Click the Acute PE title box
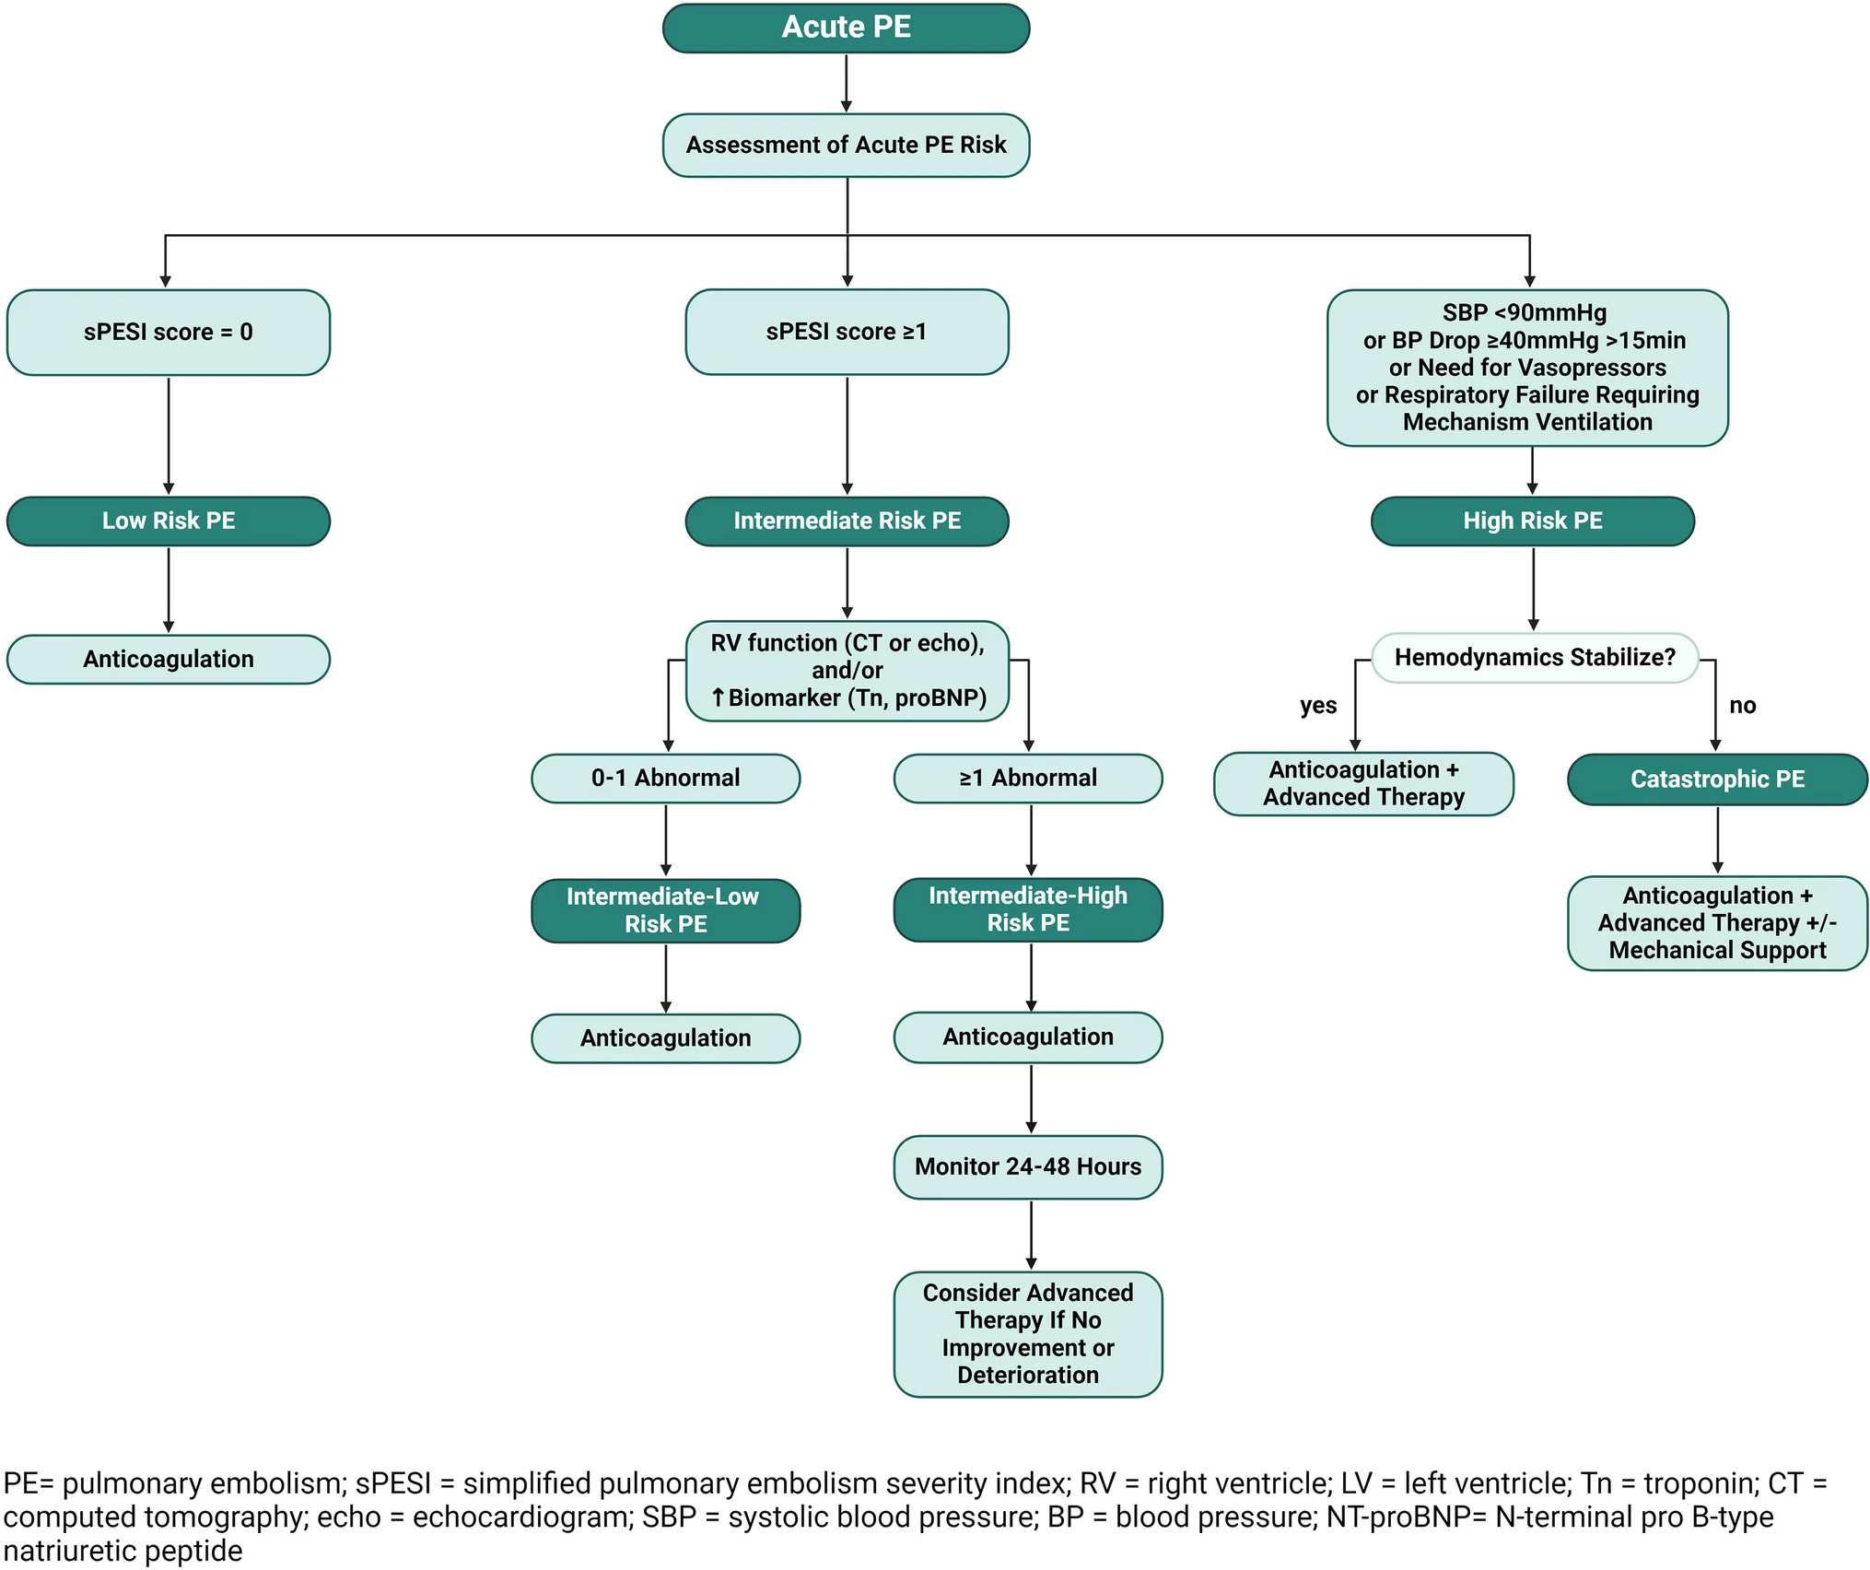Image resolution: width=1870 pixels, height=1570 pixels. pyautogui.click(x=846, y=28)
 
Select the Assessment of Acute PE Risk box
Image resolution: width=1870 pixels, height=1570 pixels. pyautogui.click(x=846, y=145)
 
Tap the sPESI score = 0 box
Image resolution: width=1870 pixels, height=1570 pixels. pyautogui.click(x=169, y=332)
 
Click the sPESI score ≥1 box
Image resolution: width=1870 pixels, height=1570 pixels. pyautogui.click(x=847, y=332)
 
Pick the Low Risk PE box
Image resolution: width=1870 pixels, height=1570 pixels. pyautogui.click(x=169, y=521)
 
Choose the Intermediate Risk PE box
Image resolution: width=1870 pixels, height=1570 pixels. pyautogui.click(x=847, y=521)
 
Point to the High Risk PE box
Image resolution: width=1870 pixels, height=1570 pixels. pyautogui.click(x=1533, y=521)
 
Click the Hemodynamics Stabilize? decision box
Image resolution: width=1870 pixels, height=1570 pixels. pyautogui.click(x=1535, y=657)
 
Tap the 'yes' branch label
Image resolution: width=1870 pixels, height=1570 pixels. pyautogui.click(x=1318, y=706)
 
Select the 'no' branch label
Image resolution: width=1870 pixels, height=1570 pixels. pyautogui.click(x=1743, y=706)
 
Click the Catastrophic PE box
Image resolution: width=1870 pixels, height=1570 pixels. pyautogui.click(x=1718, y=779)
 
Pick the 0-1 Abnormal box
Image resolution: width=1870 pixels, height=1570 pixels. pyautogui.click(x=666, y=779)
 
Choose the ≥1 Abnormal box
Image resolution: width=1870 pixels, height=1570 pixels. pyautogui.click(x=1028, y=779)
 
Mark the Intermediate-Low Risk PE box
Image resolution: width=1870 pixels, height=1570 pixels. pyautogui.click(x=666, y=910)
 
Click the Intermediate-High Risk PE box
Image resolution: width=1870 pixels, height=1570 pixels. pyautogui.click(x=1028, y=909)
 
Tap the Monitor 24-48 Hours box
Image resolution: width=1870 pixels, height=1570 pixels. pyautogui.click(x=1028, y=1167)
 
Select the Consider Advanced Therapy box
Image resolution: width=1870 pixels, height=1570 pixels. pyautogui.click(x=1028, y=1334)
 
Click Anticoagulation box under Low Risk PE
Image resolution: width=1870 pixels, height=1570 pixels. pyautogui.click(x=169, y=660)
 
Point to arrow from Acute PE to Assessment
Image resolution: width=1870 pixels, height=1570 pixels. pyautogui.click(x=847, y=83)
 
